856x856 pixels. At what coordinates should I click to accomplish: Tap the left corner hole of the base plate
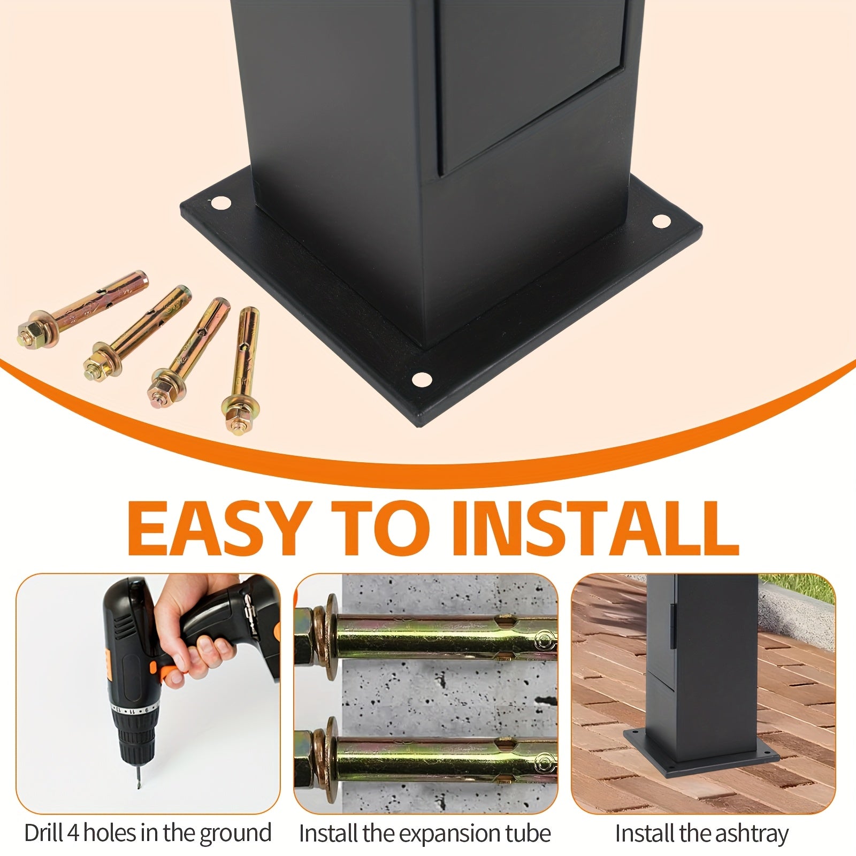click(x=219, y=203)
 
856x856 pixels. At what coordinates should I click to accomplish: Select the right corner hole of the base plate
click(x=661, y=220)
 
